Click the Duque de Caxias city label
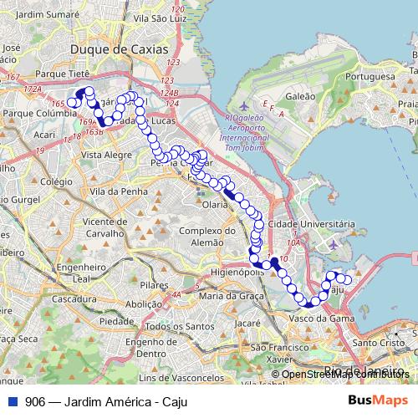[131, 50]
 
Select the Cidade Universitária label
[317, 225]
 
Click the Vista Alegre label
[103, 155]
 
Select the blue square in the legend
[13, 400]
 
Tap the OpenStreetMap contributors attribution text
[345, 375]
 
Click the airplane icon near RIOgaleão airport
[242, 106]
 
